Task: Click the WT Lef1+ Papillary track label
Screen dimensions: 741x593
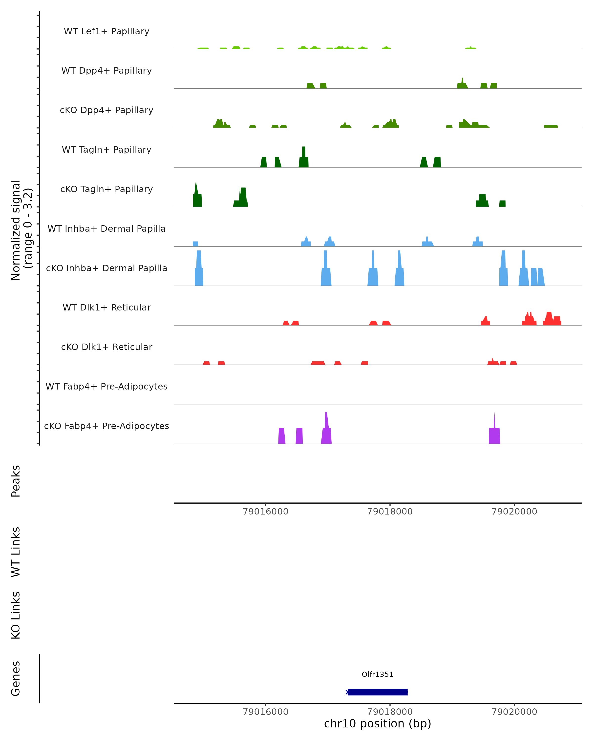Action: click(x=106, y=31)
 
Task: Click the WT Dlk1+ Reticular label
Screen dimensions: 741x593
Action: click(x=106, y=307)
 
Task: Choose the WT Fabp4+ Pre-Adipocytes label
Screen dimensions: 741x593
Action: click(x=106, y=386)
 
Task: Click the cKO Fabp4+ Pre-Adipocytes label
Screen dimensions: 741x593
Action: click(x=106, y=426)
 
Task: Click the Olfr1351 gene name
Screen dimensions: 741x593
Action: click(x=378, y=674)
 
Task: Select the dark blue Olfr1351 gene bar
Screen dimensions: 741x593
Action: click(x=378, y=692)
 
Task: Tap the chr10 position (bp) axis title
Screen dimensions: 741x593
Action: click(x=378, y=723)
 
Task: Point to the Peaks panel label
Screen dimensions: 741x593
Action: click(x=16, y=481)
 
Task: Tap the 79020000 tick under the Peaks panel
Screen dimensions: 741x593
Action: click(x=514, y=512)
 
